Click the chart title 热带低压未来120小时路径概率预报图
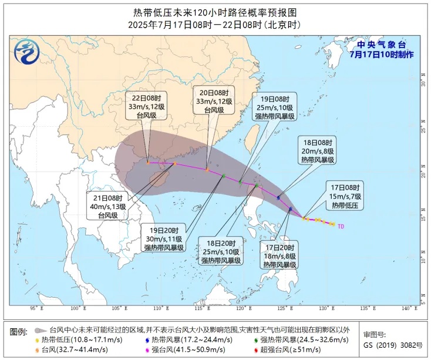215,12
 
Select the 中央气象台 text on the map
382,45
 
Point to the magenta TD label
341,226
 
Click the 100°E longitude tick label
75,309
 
